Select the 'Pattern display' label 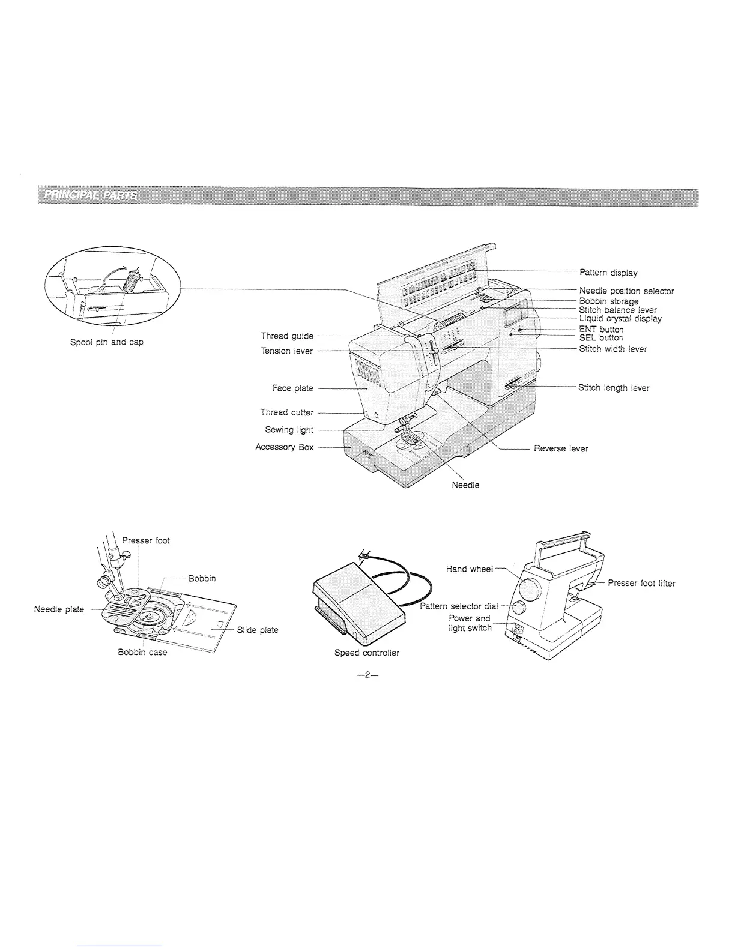(x=608, y=273)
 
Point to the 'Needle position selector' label (x=626, y=291)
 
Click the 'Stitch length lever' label (x=613, y=388)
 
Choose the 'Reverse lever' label (x=561, y=448)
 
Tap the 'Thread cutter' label (x=286, y=412)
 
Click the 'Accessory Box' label (x=284, y=447)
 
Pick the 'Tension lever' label (x=286, y=351)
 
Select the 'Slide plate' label (x=258, y=630)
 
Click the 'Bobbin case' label (x=142, y=653)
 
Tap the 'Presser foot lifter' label (x=641, y=583)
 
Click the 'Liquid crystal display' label (x=620, y=319)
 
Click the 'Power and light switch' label (x=470, y=623)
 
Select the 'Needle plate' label (x=59, y=609)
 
